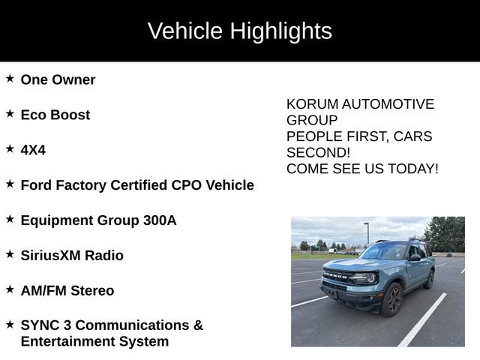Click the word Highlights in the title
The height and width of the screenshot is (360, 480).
(280, 31)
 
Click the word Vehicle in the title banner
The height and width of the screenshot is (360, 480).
(185, 31)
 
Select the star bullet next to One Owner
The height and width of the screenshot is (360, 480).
(10, 78)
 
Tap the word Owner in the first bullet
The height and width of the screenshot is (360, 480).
(73, 79)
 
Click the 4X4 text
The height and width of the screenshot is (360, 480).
(33, 150)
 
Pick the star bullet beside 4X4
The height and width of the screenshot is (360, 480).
(10, 148)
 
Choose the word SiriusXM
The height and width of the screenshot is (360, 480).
(49, 256)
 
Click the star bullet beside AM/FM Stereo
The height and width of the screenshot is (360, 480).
(10, 289)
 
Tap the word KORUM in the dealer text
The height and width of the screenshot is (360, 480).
(310, 104)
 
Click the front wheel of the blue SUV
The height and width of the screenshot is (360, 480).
(392, 299)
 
